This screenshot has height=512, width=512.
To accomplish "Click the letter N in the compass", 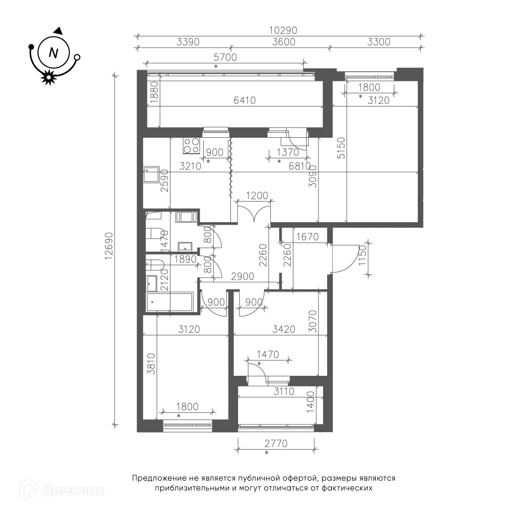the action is point(53,53).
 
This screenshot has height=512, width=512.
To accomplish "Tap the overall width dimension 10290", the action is point(283,30).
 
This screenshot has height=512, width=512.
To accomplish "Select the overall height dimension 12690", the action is point(109,246).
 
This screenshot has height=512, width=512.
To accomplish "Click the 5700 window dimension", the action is point(225,57).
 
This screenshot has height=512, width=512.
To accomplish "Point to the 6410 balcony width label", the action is point(245,100).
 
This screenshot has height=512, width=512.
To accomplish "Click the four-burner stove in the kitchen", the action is point(191,145).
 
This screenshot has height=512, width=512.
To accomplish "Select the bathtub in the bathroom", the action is point(169,302).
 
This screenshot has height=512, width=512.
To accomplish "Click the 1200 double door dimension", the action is point(257,196).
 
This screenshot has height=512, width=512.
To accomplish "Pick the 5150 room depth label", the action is point(340,148).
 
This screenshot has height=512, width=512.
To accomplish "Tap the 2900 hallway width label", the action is point(242,276).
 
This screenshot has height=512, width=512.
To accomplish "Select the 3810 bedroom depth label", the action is point(151,364).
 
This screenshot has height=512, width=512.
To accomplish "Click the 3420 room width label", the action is point(284,329).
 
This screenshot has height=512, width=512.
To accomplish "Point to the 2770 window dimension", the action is point(276,444).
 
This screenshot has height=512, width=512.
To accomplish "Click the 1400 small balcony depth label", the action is point(310,402).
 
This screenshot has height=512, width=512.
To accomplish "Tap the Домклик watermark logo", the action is point(62,489).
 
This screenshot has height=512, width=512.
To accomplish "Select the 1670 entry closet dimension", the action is point(307,237).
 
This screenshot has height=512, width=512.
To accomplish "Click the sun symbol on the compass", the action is point(49,77).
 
